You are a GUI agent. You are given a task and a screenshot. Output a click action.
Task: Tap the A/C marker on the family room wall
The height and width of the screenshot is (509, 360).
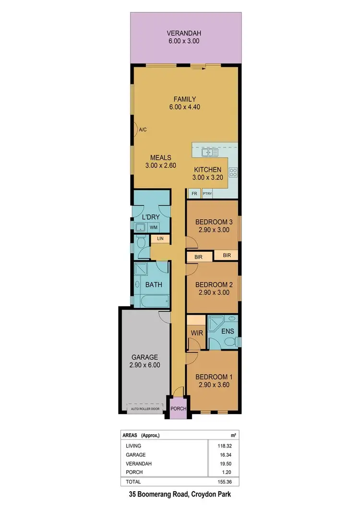(143, 130)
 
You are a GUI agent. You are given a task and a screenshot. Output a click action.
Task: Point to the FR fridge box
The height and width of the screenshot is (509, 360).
(194, 194)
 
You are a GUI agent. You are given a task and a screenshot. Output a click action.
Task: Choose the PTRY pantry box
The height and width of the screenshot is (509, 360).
(207, 194)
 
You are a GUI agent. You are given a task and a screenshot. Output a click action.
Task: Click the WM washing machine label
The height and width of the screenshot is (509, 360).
(154, 227)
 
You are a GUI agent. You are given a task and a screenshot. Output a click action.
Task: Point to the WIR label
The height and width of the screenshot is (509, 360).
(195, 332)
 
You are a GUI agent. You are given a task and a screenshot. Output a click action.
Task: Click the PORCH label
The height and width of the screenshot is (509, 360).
(178, 409)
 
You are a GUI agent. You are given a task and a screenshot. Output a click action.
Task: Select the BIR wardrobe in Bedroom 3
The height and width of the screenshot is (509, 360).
(227, 255)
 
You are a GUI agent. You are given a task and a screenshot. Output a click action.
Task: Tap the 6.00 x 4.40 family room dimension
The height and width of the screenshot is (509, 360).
(184, 107)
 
